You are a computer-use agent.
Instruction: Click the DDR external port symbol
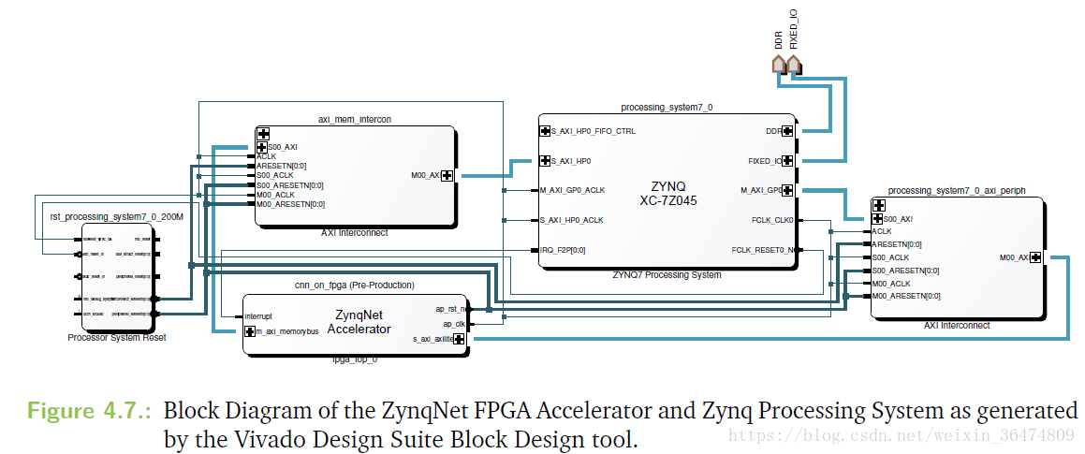click(x=776, y=64)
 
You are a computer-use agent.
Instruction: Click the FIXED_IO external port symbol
click(x=794, y=64)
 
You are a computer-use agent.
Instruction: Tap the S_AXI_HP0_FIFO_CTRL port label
click(x=594, y=131)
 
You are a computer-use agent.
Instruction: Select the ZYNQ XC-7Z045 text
click(x=668, y=193)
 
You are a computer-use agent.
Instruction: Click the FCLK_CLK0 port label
click(x=772, y=221)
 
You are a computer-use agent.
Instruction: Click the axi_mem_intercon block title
click(x=355, y=120)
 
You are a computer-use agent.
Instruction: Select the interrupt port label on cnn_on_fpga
click(x=258, y=316)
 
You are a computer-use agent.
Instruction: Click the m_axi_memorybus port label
click(x=288, y=331)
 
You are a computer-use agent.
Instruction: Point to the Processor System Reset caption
click(x=117, y=338)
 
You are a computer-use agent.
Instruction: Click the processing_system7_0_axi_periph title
click(x=956, y=190)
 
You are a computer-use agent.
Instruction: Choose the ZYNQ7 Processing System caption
click(x=667, y=275)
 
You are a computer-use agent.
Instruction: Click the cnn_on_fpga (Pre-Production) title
click(x=354, y=286)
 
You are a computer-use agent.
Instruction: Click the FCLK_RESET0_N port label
click(x=765, y=250)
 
